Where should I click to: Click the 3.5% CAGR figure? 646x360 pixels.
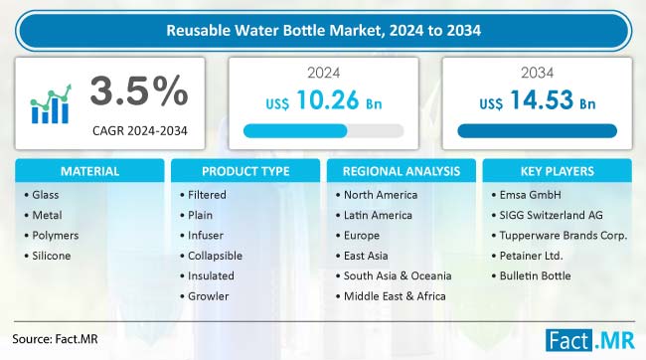(x=139, y=92)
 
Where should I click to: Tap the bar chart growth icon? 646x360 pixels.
(x=51, y=102)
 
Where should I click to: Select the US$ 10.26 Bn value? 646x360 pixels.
(x=322, y=103)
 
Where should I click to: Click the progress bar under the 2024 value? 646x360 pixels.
(x=323, y=130)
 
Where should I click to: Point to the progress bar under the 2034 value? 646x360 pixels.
(x=537, y=130)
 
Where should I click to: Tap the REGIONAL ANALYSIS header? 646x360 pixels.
(x=400, y=171)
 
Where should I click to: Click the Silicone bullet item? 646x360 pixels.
(x=51, y=256)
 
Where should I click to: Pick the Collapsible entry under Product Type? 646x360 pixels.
(x=214, y=256)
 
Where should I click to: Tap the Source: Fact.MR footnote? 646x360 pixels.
(x=62, y=337)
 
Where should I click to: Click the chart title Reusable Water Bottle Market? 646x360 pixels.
(x=322, y=30)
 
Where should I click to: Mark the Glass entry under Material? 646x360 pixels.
(x=46, y=194)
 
